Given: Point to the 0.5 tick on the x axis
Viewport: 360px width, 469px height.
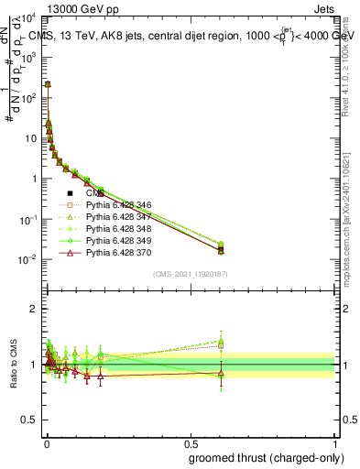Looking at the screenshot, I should (191, 442).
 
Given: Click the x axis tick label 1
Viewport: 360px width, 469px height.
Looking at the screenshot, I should (336, 442).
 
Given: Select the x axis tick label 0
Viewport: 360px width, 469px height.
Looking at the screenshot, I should (46, 442).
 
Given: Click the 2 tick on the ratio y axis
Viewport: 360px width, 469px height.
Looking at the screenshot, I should (34, 309).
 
